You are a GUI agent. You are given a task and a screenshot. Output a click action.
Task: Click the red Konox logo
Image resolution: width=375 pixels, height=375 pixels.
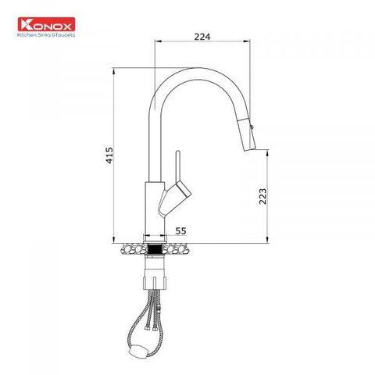[46, 24]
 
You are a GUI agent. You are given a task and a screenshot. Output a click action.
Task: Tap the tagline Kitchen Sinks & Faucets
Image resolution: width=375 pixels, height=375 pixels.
[46, 35]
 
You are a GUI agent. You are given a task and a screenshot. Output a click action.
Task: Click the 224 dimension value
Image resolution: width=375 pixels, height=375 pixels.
[202, 37]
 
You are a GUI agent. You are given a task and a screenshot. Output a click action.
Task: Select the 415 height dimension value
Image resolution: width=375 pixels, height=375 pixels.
[109, 155]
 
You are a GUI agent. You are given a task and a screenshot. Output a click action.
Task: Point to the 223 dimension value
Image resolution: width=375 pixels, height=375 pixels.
[262, 196]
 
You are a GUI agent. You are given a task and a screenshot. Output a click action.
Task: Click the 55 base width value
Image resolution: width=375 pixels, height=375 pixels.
[180, 230]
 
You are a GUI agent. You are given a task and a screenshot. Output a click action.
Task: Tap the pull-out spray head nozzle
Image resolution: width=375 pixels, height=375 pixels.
[248, 134]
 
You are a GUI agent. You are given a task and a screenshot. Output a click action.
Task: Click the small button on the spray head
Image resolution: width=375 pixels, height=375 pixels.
[252, 127]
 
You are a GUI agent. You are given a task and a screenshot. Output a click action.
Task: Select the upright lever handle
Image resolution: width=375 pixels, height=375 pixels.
[178, 166]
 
